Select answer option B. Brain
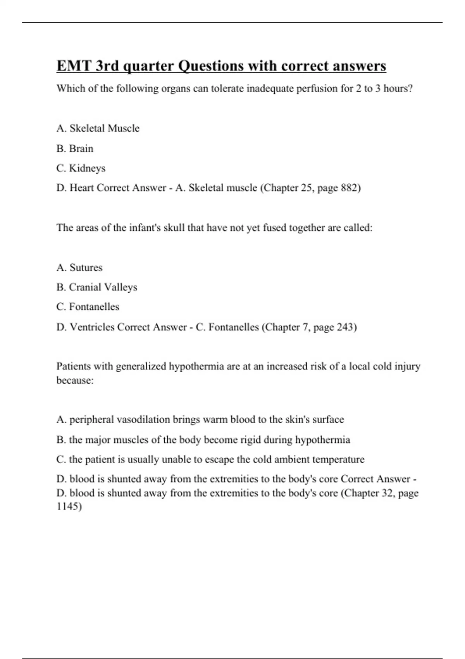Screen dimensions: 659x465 (x=75, y=148)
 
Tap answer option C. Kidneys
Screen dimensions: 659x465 (x=81, y=168)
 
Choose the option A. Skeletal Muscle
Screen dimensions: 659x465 (x=98, y=128)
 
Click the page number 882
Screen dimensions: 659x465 (x=350, y=188)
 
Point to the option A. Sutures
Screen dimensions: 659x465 (x=79, y=267)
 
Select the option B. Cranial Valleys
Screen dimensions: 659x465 (x=96, y=287)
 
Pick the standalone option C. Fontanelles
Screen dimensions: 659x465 (x=88, y=307)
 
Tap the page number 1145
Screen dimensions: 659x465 (x=69, y=507)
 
